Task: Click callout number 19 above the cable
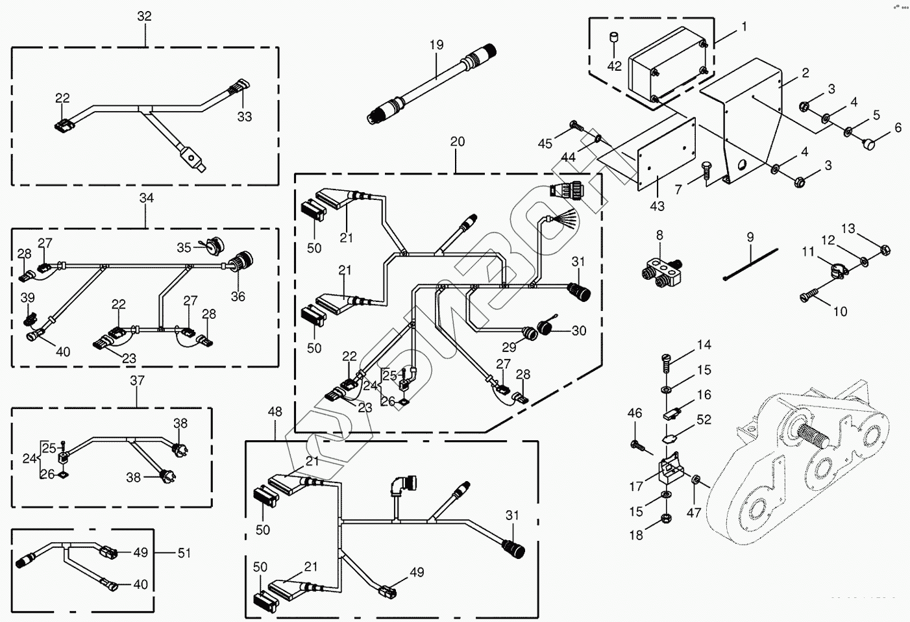436,45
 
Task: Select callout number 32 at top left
144,16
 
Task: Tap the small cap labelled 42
613,39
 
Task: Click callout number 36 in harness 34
238,296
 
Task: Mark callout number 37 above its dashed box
137,380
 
